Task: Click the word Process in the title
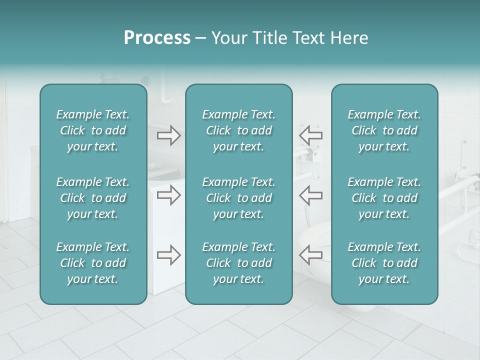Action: tap(157, 38)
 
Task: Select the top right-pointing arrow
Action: tap(169, 135)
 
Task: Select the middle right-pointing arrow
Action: tap(169, 195)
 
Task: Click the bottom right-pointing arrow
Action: tap(169, 255)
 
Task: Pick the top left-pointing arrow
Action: tap(310, 135)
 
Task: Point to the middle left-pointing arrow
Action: tap(310, 195)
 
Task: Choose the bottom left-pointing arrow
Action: tap(310, 254)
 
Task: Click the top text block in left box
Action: tap(93, 130)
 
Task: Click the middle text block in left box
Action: tap(93, 198)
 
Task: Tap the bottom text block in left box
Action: tap(93, 263)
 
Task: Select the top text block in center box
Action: tap(238, 130)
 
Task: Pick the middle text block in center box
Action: tap(238, 198)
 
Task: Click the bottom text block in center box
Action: tap(238, 263)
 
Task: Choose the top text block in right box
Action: tap(384, 130)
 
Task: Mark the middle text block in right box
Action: tap(384, 198)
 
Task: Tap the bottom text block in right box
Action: tap(384, 263)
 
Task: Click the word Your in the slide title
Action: tap(228, 38)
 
